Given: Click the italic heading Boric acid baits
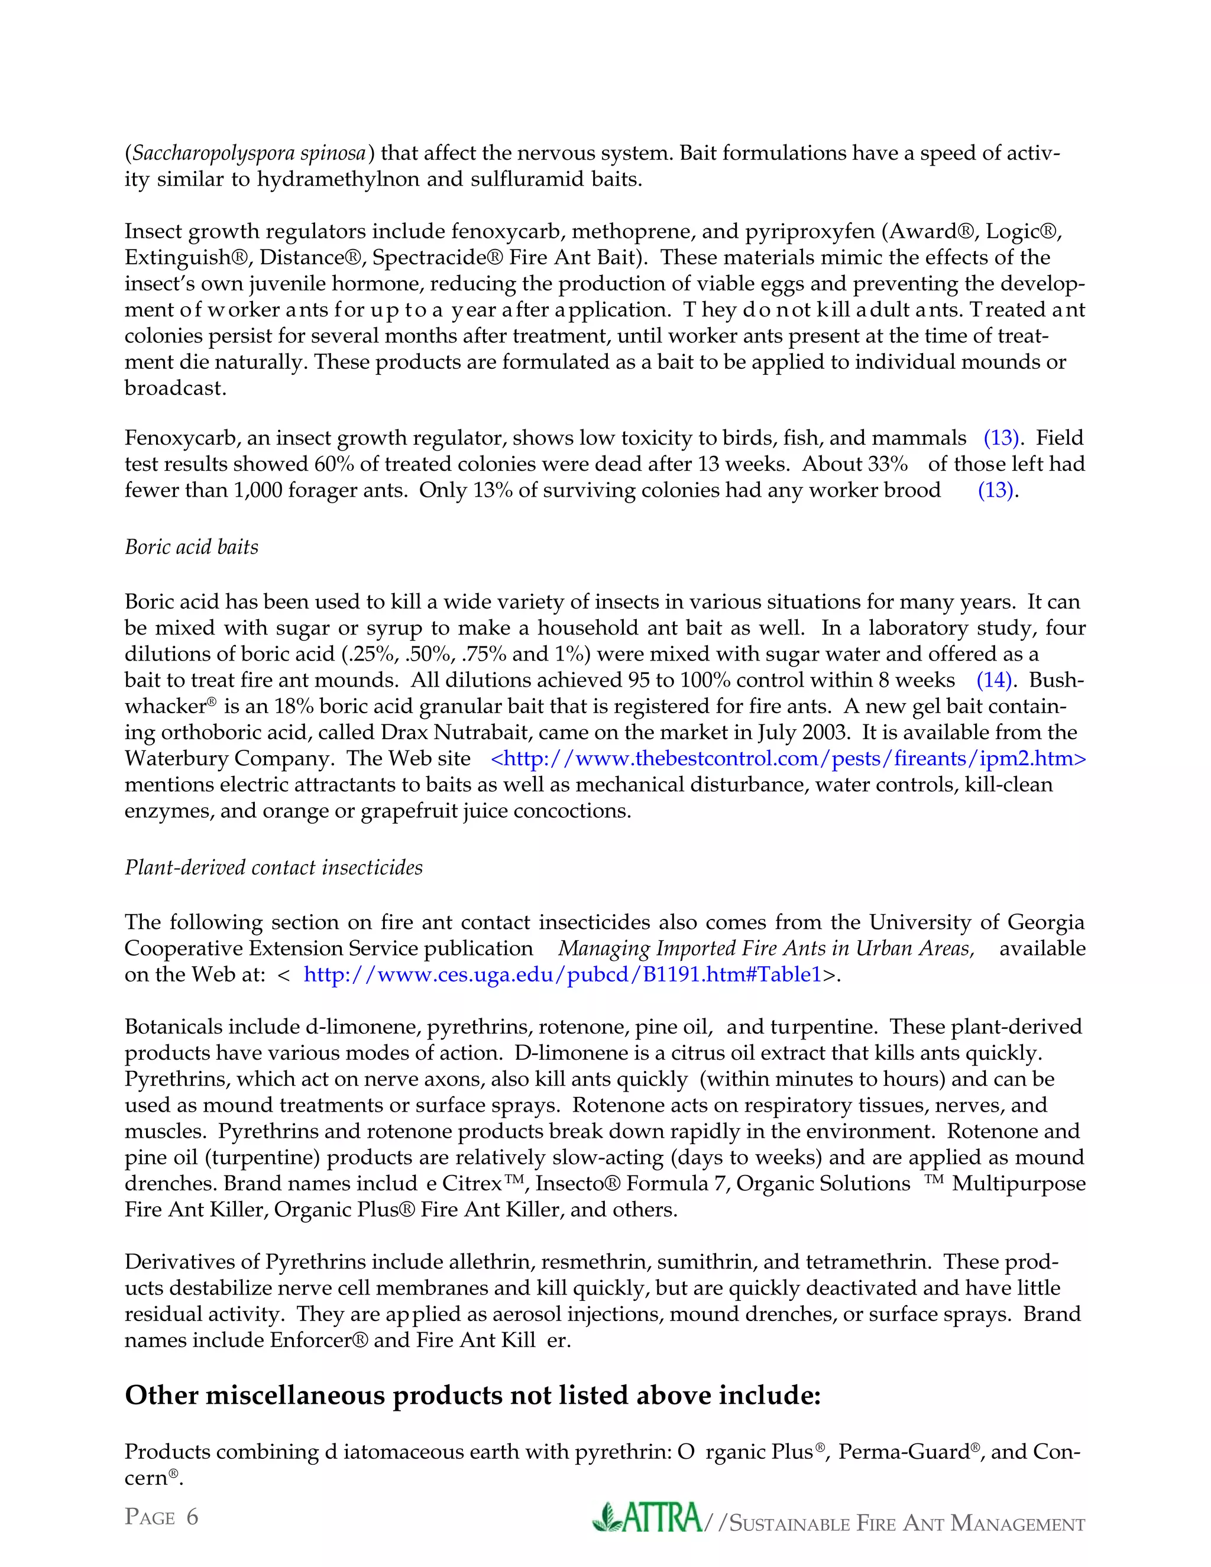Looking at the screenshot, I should pos(191,548).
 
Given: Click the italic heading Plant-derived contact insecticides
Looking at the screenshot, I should pos(273,867).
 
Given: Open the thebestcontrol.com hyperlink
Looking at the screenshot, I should pos(788,759).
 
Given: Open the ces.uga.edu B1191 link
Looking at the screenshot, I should pos(562,974).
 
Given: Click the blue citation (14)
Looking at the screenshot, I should pos(995,680).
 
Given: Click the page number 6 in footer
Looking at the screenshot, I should pos(192,1517).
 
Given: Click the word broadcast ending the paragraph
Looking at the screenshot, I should pos(174,388).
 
